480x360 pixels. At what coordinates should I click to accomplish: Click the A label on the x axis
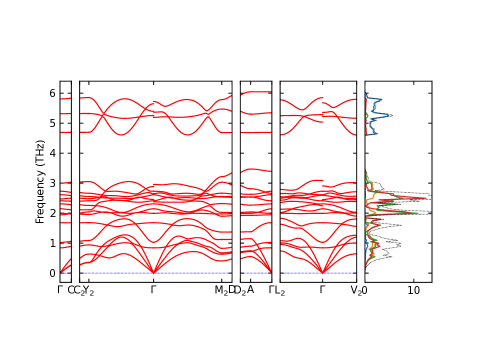pyautogui.click(x=250, y=289)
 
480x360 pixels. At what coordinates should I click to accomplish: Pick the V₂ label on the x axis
pyautogui.click(x=355, y=290)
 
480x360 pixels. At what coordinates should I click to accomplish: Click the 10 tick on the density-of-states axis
pyautogui.click(x=413, y=290)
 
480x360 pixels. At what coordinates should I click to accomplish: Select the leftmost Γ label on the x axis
pyautogui.click(x=60, y=289)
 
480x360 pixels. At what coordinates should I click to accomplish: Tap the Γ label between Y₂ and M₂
pyautogui.click(x=153, y=289)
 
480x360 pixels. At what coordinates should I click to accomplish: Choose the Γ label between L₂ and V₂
pyautogui.click(x=323, y=289)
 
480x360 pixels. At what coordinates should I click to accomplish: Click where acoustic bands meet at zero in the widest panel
pyautogui.click(x=153, y=272)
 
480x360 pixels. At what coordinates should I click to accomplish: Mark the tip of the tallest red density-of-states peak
pyautogui.click(x=426, y=198)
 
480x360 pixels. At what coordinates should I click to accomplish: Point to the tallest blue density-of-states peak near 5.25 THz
pyautogui.click(x=391, y=116)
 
